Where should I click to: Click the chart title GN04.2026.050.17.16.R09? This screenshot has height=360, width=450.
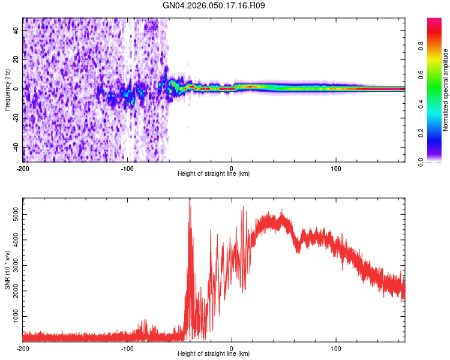click(214, 6)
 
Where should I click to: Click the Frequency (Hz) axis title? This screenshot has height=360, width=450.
click(8, 90)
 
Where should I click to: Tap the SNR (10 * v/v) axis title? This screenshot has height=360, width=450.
click(8, 270)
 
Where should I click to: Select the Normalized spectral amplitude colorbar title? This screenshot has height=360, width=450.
click(446, 90)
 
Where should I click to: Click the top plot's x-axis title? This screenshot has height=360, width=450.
click(214, 174)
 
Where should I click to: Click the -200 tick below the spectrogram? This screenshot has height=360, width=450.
click(23, 167)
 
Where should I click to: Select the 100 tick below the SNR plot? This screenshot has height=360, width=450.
click(336, 348)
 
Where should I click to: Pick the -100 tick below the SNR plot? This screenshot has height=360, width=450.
click(127, 348)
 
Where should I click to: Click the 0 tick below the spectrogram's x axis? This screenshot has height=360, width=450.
click(232, 167)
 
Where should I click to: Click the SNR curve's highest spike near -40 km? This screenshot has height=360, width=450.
click(190, 207)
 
